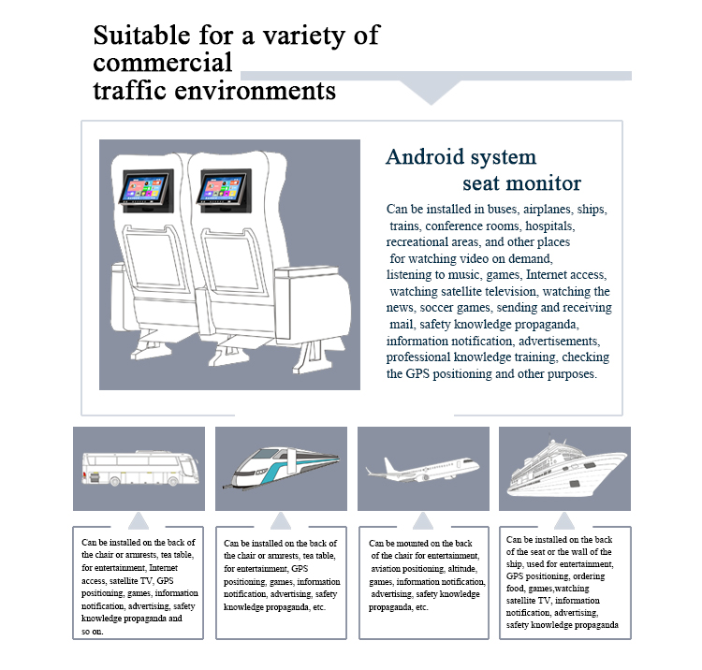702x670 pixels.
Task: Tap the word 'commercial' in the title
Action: click(162, 64)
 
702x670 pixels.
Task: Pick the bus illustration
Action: click(139, 468)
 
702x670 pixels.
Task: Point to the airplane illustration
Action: click(422, 468)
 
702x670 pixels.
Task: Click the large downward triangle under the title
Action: click(431, 92)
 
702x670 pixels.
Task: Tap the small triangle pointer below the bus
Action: click(139, 521)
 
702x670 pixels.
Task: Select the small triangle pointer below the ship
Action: click(564, 521)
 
